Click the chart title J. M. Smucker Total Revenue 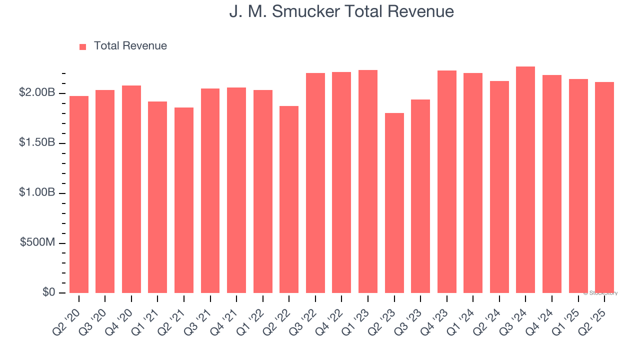pos(341,11)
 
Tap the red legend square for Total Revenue pos(83,46)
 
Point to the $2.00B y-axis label pos(37,93)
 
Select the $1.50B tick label pos(37,143)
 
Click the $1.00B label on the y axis pos(37,193)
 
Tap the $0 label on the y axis pos(48,292)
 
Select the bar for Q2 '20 pos(79,195)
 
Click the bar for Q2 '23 pos(394,203)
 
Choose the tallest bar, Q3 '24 pos(525,180)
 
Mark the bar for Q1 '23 pos(368,181)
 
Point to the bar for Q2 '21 pos(184,200)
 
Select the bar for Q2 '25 pos(604,187)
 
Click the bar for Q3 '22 pos(315,183)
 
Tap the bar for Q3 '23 pos(420,196)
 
